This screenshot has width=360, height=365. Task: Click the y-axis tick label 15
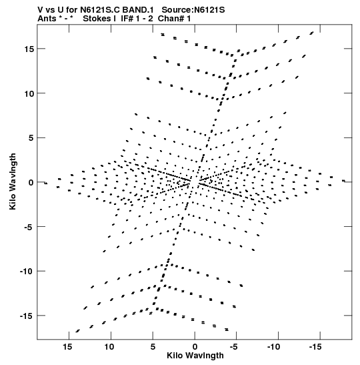click(x=29, y=49)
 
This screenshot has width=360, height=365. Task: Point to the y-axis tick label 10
click(x=29, y=93)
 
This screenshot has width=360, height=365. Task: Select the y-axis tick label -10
click(x=27, y=272)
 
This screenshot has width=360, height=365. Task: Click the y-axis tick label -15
click(x=27, y=316)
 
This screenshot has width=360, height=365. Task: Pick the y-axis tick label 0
click(x=31, y=183)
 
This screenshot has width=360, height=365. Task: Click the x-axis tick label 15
click(x=67, y=347)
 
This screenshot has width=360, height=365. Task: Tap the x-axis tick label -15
click(x=315, y=347)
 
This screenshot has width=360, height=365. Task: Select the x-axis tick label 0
click(x=195, y=347)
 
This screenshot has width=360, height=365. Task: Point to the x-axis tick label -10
click(x=273, y=347)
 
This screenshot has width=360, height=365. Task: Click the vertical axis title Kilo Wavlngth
click(x=13, y=181)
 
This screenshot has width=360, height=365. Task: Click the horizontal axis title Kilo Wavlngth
click(x=195, y=356)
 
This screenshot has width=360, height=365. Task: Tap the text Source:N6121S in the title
click(x=193, y=10)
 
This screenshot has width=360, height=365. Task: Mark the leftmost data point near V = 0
click(x=46, y=184)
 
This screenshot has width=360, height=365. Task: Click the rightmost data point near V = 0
click(x=343, y=181)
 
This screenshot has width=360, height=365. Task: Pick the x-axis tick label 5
click(x=153, y=347)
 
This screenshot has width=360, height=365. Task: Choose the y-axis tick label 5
click(x=31, y=138)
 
